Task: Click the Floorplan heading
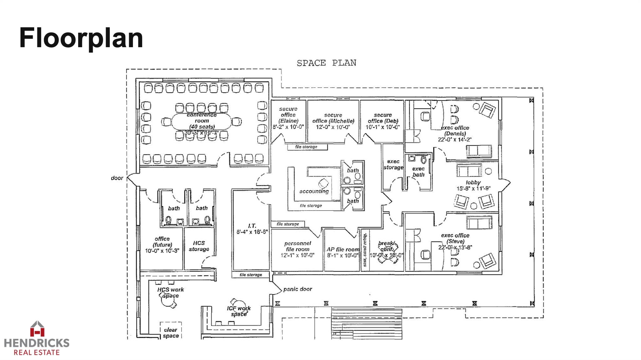point(81,38)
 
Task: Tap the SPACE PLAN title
point(326,63)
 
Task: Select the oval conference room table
point(201,121)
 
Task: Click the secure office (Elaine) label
point(288,115)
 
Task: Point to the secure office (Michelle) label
point(333,118)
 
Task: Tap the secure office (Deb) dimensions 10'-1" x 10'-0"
point(382,127)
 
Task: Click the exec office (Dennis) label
point(455,131)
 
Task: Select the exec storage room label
point(393,164)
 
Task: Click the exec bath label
point(418,172)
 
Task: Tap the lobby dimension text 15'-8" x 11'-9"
point(473,188)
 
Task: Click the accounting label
point(314,191)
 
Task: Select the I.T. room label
point(252,226)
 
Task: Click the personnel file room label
point(297,246)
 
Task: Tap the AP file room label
point(343,249)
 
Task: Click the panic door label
point(297,289)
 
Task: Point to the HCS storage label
point(199,246)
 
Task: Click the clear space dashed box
point(171,331)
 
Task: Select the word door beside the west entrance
point(117,178)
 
